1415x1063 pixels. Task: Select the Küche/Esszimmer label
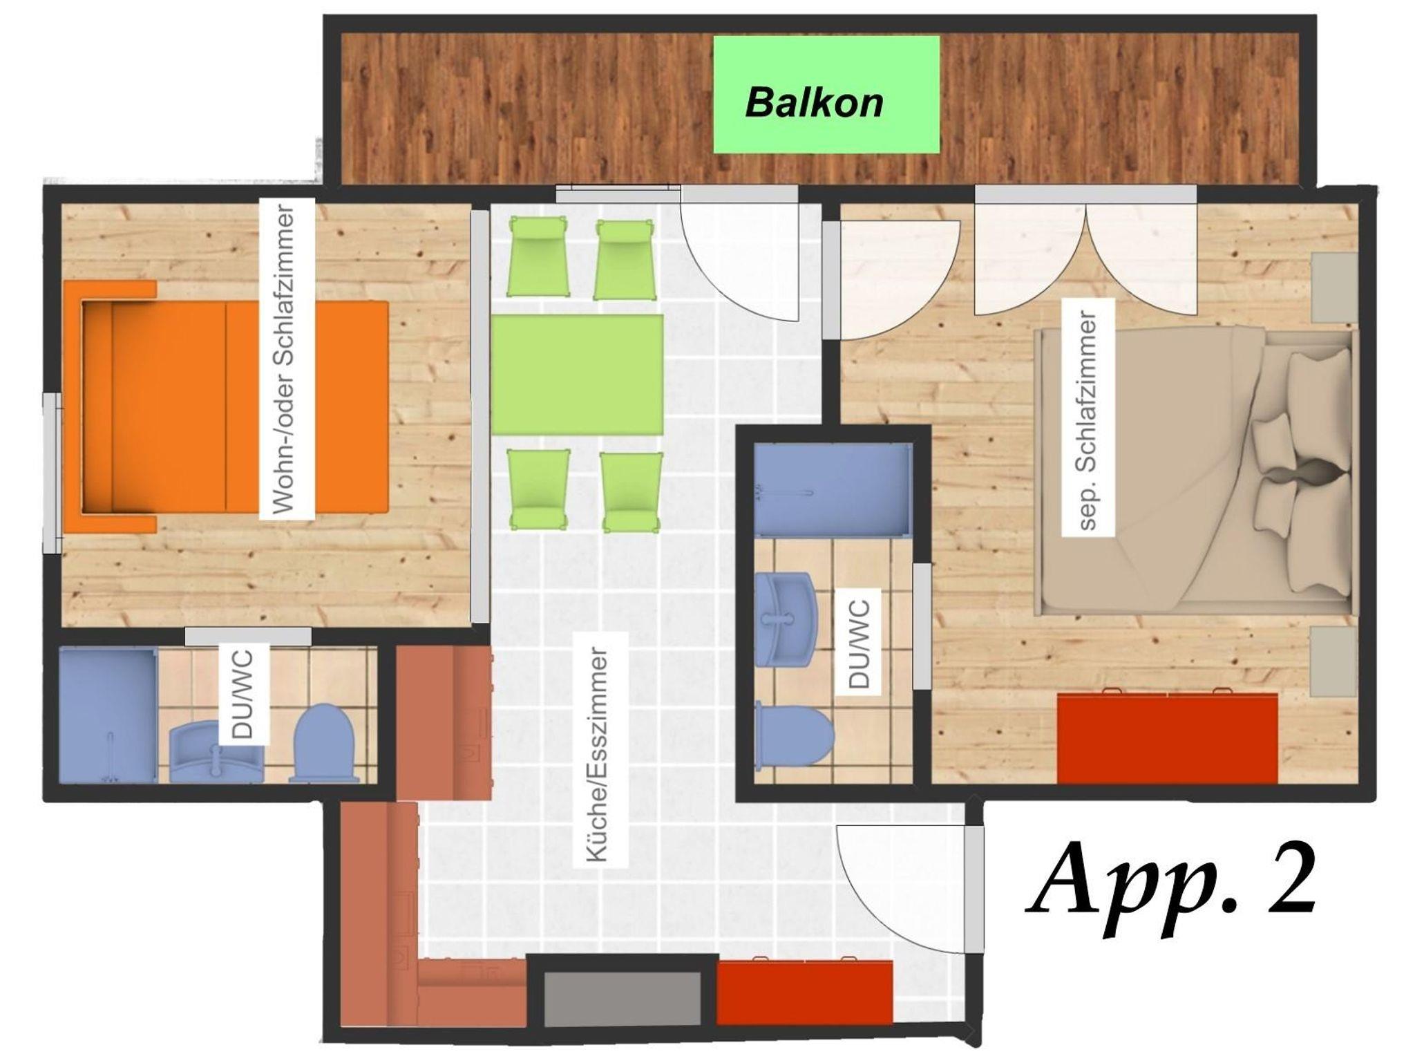[598, 754]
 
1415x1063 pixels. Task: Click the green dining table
[577, 375]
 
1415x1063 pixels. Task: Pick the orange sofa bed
[225, 407]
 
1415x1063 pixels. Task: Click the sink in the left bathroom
[216, 751]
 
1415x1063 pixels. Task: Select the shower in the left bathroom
[108, 715]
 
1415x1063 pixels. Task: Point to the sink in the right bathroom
[786, 619]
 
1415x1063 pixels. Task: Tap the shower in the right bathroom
[833, 489]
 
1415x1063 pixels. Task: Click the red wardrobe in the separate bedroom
[1168, 738]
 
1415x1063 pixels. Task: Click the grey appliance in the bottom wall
[623, 999]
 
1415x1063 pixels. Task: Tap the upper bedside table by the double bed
[1334, 287]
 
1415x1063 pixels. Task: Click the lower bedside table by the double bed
[1334, 661]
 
